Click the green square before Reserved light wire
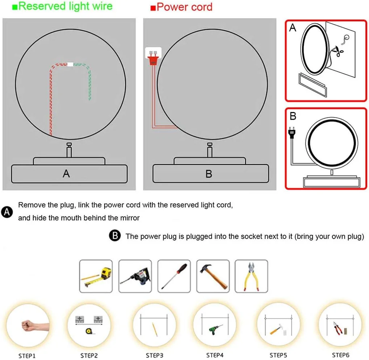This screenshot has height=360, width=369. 15,7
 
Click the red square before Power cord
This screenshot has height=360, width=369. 153,8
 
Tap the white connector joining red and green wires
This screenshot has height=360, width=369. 70,64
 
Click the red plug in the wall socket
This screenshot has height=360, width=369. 153,59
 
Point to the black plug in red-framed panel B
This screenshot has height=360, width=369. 292,133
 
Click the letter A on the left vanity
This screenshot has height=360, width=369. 66,174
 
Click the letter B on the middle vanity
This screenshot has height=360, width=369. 209,174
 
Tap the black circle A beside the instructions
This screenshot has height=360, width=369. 7,212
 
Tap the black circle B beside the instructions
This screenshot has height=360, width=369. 115,235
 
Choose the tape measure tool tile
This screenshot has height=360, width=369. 96,276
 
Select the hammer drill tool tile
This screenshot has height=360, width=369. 135,276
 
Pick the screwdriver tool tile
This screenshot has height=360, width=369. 174,276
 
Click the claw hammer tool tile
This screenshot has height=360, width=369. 213,276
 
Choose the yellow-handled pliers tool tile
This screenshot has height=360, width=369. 251,276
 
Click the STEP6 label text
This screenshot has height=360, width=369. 340,355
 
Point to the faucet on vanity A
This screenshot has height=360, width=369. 69,150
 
